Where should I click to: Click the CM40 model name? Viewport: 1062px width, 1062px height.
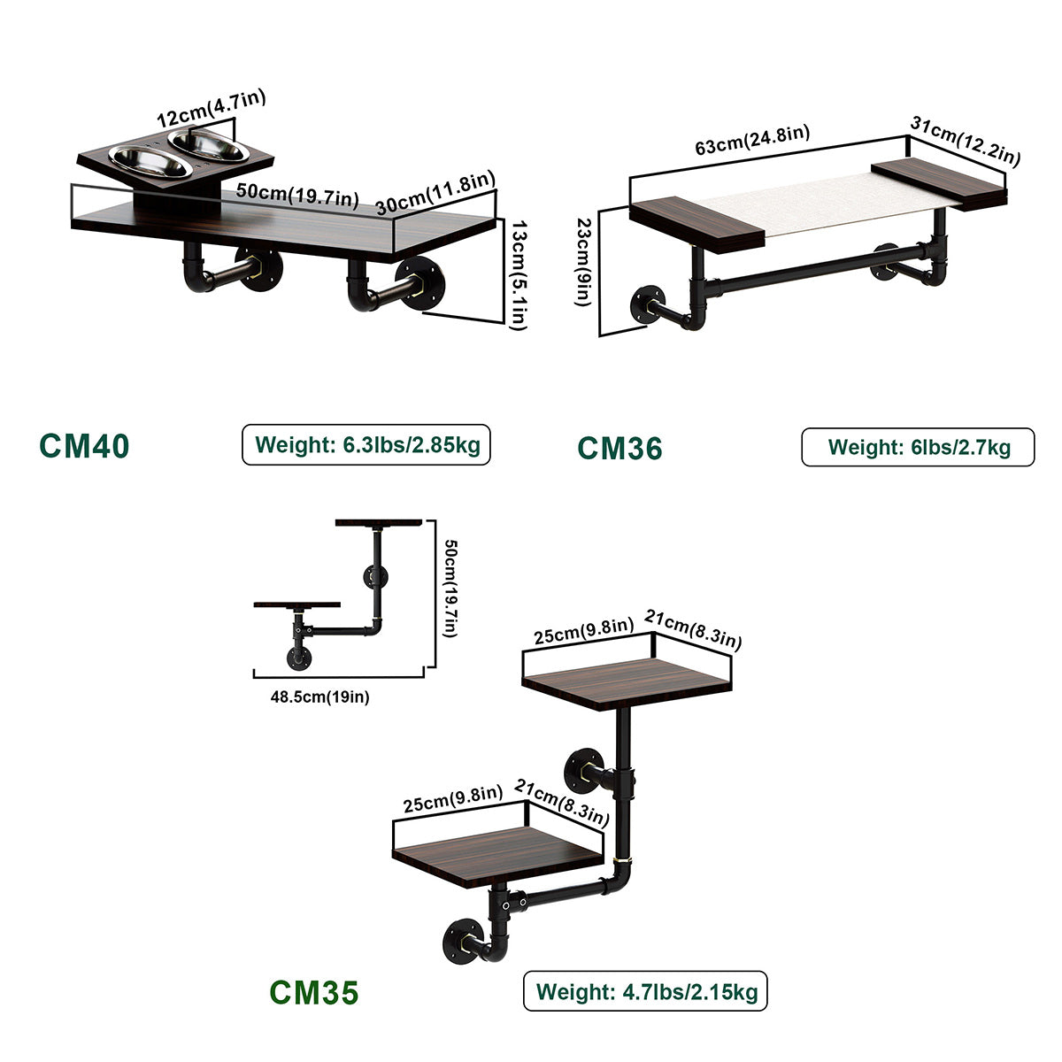click(84, 445)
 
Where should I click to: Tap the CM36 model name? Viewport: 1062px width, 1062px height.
click(619, 449)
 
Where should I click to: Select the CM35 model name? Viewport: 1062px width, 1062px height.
click(314, 992)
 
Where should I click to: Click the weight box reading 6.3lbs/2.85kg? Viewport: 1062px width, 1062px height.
click(366, 444)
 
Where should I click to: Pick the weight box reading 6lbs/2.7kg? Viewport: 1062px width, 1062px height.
click(918, 447)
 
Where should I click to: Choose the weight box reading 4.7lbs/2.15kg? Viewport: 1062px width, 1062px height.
click(645, 991)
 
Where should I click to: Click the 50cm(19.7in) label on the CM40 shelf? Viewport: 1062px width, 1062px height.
click(297, 194)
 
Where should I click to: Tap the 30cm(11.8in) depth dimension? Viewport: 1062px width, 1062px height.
click(435, 192)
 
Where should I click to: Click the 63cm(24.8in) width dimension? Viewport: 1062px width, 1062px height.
click(751, 141)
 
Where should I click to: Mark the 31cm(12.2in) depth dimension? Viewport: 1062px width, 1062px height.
click(966, 142)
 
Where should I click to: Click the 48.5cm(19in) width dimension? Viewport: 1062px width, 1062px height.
click(319, 696)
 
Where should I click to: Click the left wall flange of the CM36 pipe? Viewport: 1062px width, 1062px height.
click(645, 305)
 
